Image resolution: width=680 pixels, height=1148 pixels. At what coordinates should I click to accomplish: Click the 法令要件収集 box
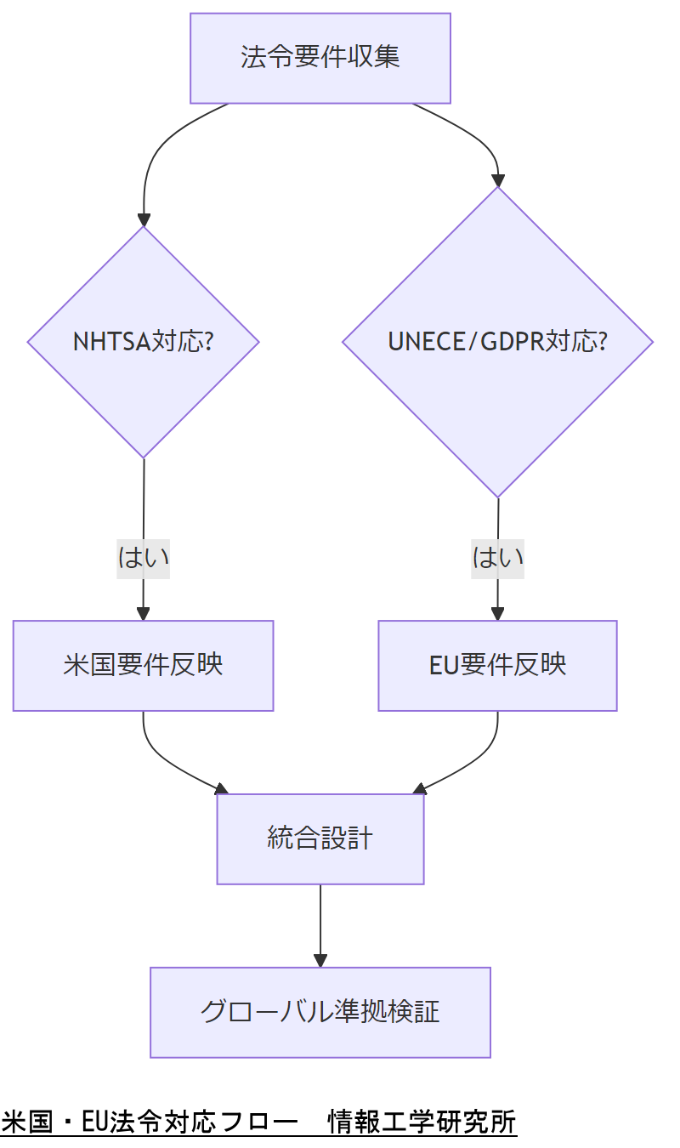click(320, 58)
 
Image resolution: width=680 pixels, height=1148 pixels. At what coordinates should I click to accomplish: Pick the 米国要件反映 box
click(143, 665)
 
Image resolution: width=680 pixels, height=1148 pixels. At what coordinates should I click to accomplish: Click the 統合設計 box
click(320, 839)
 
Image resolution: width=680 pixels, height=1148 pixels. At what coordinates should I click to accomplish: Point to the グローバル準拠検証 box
click(320, 1012)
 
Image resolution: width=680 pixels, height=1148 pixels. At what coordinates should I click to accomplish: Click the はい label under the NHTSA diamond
click(143, 558)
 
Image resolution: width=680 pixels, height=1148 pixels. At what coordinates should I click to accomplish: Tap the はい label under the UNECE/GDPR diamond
click(497, 558)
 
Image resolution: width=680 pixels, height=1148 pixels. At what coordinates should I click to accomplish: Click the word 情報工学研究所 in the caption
click(422, 1122)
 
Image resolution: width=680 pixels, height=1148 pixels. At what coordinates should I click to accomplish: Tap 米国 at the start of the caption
click(25, 1122)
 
